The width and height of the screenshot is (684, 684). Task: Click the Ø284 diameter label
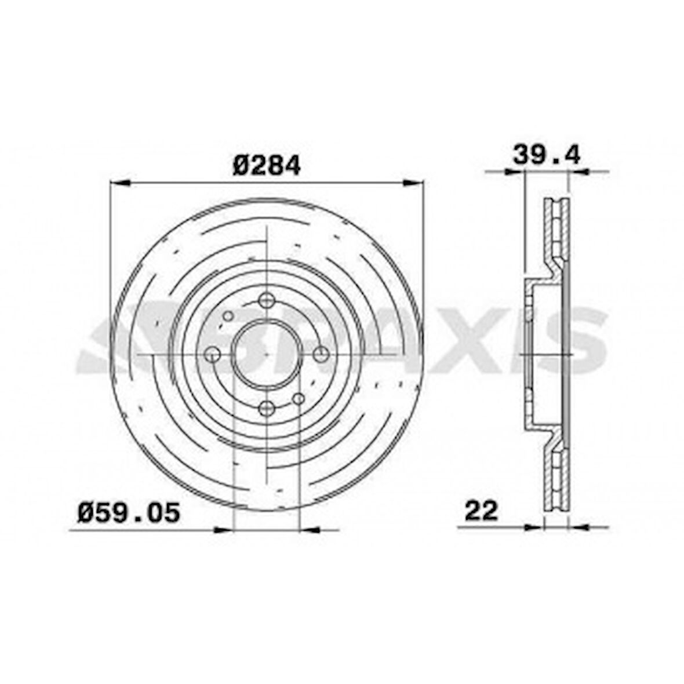(x=267, y=166)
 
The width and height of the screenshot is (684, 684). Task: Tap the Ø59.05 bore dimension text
(x=129, y=512)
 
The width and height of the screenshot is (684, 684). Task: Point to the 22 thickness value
(x=481, y=511)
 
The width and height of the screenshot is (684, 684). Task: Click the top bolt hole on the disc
(x=266, y=300)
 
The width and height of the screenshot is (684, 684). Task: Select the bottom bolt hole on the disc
(x=266, y=408)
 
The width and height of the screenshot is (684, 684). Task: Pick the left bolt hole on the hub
(x=213, y=354)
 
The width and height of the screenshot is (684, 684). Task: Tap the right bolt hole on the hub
(x=320, y=354)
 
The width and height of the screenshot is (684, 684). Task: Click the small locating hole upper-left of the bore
(x=228, y=316)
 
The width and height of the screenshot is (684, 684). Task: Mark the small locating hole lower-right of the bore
(x=299, y=399)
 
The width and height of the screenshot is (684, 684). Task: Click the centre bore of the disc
(x=266, y=354)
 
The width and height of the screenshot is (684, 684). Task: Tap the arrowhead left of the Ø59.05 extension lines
(x=223, y=529)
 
